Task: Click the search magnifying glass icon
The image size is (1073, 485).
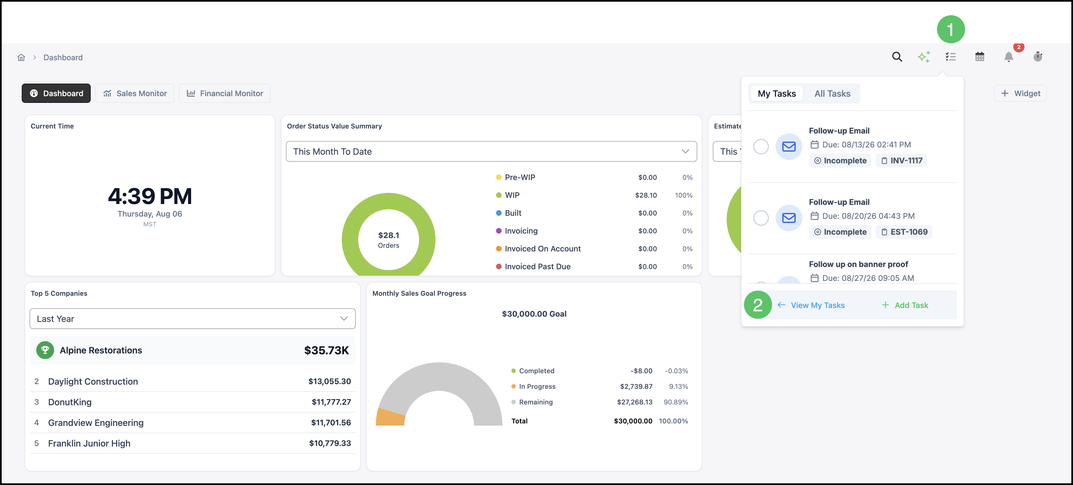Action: [x=897, y=57]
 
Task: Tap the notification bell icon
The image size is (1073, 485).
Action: [x=1009, y=57]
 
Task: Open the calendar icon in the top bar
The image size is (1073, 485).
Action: [x=980, y=57]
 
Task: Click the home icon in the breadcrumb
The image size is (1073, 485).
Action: [x=21, y=57]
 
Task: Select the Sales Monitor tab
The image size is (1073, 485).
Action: [x=135, y=93]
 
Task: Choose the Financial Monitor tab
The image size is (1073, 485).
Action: [x=225, y=93]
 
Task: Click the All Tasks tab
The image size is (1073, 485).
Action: [x=832, y=94]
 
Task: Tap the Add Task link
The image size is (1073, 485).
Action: [x=905, y=305]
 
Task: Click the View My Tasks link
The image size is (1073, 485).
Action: [x=811, y=305]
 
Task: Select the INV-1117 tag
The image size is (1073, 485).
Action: [x=901, y=161]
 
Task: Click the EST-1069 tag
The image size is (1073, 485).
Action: [x=904, y=232]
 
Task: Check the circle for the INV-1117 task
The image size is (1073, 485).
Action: [x=761, y=147]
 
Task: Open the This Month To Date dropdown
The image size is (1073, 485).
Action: [x=491, y=152]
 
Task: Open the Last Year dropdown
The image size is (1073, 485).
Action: [x=193, y=319]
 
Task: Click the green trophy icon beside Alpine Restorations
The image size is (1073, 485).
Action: [x=45, y=350]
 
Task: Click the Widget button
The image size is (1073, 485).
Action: [x=1020, y=93]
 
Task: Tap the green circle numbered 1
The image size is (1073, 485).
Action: [x=951, y=30]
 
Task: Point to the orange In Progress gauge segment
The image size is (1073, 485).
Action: [x=390, y=417]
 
